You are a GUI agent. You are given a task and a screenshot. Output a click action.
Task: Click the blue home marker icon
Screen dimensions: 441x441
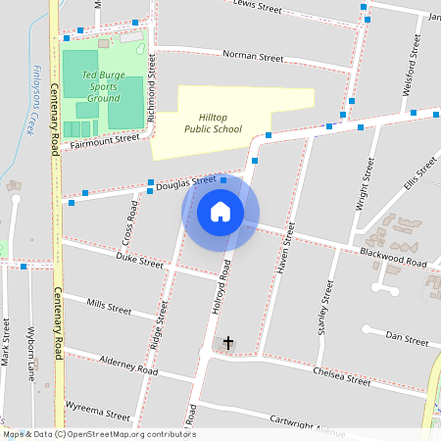point(220,212)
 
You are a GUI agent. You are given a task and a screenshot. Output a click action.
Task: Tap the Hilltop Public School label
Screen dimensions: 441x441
point(213,122)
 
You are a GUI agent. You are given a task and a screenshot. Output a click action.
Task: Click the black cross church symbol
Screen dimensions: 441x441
point(229,342)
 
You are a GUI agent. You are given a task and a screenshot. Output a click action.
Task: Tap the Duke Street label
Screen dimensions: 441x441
point(139,263)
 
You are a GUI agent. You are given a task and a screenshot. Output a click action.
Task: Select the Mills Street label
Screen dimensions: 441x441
point(109,307)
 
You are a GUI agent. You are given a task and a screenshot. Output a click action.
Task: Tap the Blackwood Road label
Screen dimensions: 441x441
point(393,260)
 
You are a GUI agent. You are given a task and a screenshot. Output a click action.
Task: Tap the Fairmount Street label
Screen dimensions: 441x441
point(100,142)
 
